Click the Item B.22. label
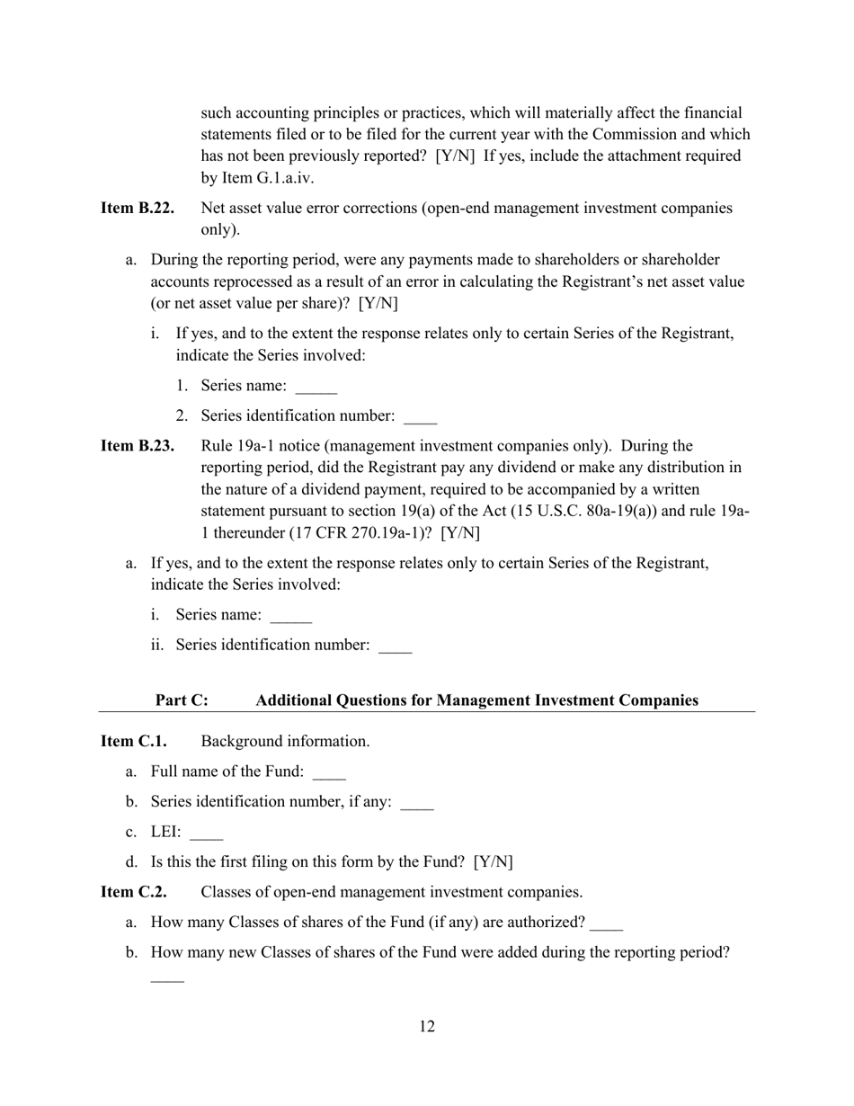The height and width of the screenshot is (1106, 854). tap(138, 209)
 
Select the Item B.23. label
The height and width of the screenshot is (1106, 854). tap(138, 446)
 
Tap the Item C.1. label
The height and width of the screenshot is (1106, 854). tap(134, 742)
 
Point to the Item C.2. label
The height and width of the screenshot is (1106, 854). tap(134, 892)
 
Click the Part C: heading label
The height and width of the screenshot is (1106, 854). tap(182, 700)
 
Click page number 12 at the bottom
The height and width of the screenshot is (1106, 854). tap(427, 1027)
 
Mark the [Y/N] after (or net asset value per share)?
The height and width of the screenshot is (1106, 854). tap(378, 303)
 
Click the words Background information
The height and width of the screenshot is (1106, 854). tap(285, 742)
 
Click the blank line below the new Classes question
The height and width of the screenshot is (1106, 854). tap(167, 979)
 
